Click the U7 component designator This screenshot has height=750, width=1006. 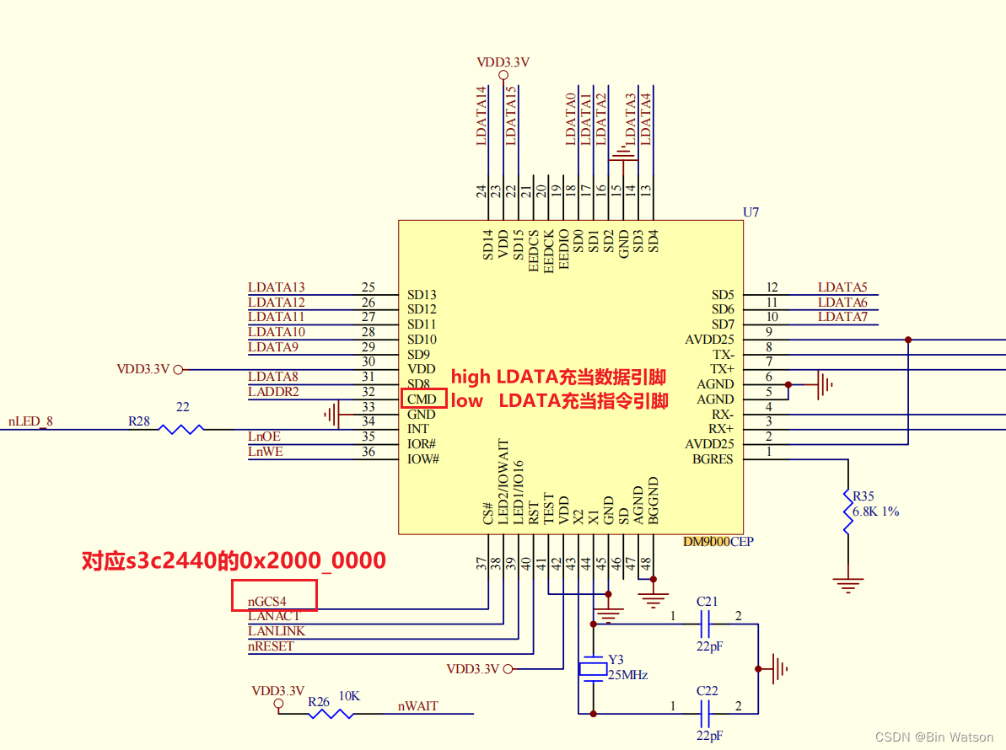tap(750, 212)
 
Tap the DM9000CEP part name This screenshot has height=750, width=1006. tap(718, 542)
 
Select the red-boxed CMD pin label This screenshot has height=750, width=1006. tap(422, 399)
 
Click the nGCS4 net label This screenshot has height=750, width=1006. tap(267, 602)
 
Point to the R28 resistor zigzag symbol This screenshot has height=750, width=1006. tap(181, 429)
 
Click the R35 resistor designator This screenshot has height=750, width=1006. tap(863, 496)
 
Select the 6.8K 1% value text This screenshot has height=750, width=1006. tap(876, 512)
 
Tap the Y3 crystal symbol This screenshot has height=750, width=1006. tap(594, 669)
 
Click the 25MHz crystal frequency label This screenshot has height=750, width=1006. tap(628, 675)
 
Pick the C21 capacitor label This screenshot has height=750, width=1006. tap(707, 602)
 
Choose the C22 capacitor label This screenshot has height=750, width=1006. tap(707, 691)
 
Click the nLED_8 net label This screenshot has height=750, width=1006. tap(31, 422)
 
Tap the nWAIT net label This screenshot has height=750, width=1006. tap(418, 706)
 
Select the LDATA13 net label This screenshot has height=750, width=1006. tap(277, 287)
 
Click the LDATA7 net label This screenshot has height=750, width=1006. tap(842, 317)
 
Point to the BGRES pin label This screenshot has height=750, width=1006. tap(713, 459)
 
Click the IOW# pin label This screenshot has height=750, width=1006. tap(423, 459)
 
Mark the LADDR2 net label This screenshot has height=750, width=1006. tap(273, 392)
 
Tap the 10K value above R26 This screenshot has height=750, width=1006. tap(349, 696)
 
